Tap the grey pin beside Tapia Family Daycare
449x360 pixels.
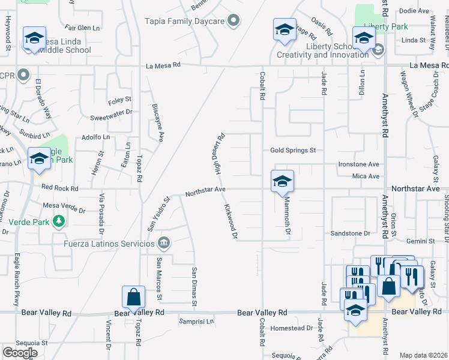(235, 22)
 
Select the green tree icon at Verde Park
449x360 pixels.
(58, 221)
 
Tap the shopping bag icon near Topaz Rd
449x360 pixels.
(133, 297)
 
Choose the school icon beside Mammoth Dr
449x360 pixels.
(282, 182)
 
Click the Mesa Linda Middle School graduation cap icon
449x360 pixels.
(34, 38)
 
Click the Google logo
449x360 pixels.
(20, 353)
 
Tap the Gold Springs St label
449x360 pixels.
(292, 151)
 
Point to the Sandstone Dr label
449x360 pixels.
(351, 233)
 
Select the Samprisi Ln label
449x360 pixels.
(196, 322)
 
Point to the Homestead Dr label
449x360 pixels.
(292, 328)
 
